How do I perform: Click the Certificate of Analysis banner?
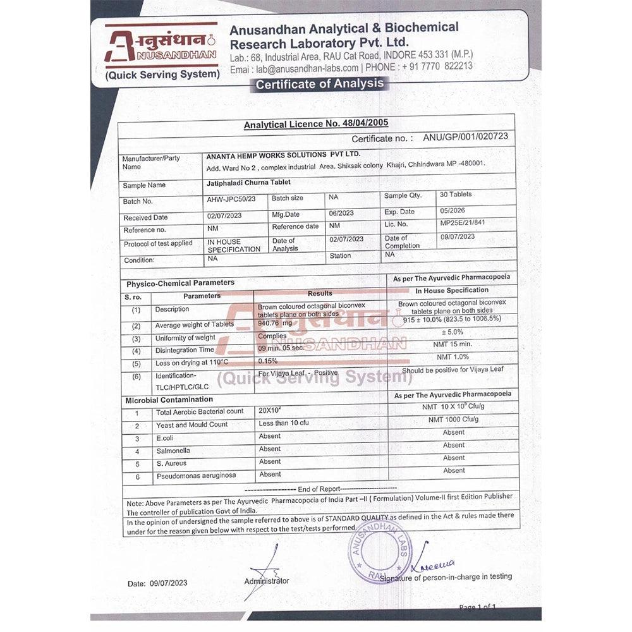319,83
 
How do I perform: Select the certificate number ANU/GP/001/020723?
466,137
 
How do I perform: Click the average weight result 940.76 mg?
275,323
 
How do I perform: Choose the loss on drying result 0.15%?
268,361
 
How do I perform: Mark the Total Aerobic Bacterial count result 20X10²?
272,410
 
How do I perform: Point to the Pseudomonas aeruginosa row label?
196,475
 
